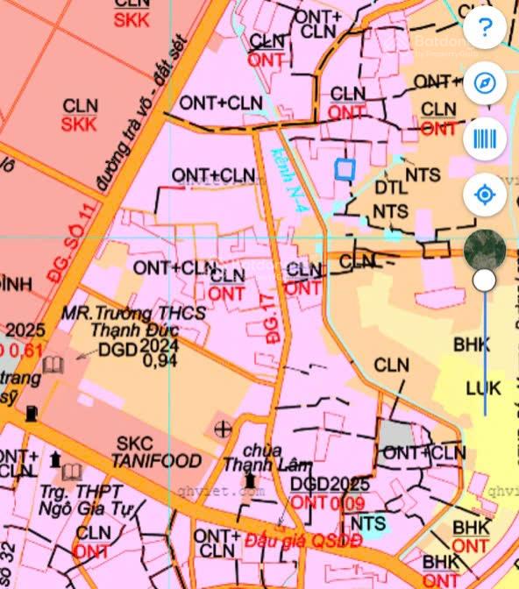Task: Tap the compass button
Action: tap(485, 84)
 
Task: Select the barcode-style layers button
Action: tap(485, 138)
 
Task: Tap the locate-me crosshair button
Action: tap(485, 194)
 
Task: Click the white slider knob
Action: tap(484, 280)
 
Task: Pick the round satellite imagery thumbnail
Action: tap(485, 249)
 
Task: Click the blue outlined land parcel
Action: tap(345, 169)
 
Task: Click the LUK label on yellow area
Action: tap(484, 388)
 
